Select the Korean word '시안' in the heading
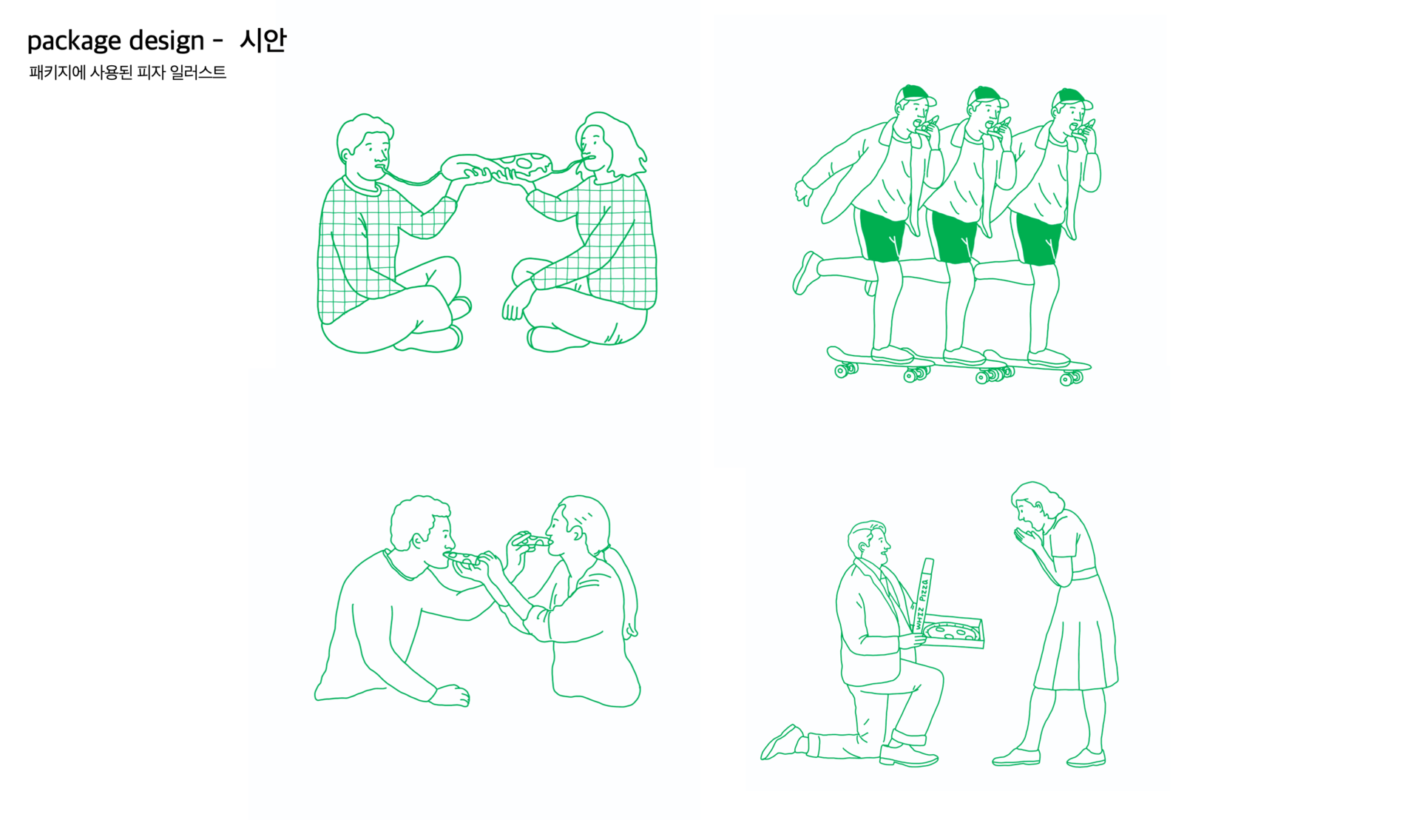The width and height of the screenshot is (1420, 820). (x=263, y=39)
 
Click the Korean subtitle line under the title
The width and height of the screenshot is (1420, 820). (x=127, y=73)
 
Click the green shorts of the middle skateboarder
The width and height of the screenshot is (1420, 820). (x=953, y=236)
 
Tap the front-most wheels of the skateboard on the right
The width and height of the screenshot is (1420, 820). (x=1071, y=378)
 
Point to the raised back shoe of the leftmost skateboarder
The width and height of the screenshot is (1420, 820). (x=805, y=272)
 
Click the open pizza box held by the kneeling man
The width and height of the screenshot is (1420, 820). (x=952, y=631)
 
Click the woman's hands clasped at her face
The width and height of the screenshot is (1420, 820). (x=1027, y=537)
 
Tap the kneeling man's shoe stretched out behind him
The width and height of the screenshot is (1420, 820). (x=781, y=742)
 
